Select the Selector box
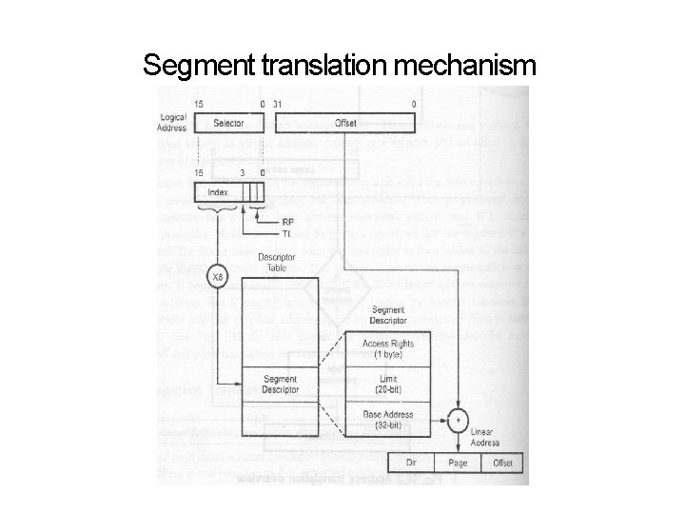[228, 123]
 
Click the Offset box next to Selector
[346, 123]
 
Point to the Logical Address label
[173, 122]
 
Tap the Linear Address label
[484, 437]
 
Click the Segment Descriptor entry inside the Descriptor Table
[281, 385]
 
